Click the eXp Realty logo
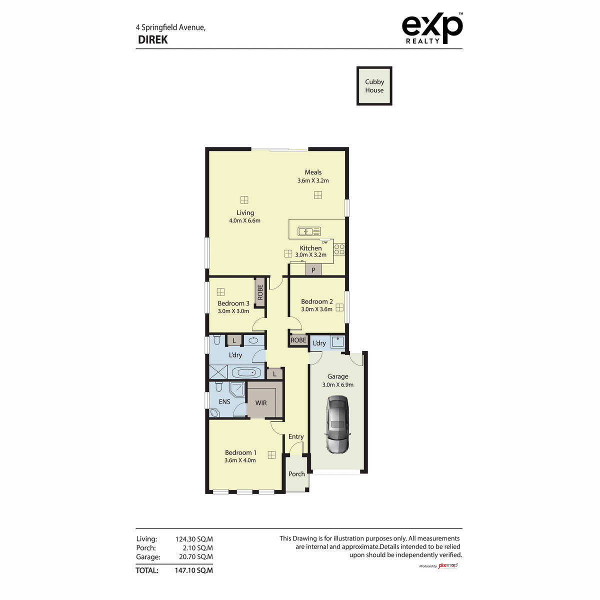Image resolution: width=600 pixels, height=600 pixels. pos(432,29)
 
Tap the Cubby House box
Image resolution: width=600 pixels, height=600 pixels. pos(374,86)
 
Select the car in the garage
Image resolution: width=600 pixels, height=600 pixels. pos(338,424)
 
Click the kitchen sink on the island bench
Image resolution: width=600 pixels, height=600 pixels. pos(309,231)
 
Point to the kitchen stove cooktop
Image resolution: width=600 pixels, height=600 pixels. pos(339,248)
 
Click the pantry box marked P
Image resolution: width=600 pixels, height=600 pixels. pos(313,270)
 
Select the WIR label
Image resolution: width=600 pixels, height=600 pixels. pos(261,402)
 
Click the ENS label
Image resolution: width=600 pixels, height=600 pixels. pos(224,401)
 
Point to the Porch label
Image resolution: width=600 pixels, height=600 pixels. pos(296,474)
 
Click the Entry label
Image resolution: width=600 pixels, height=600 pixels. pos(296,436)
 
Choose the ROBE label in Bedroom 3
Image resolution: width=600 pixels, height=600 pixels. pos(260,292)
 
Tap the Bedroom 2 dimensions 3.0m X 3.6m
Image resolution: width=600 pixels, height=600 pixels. pos(316,309)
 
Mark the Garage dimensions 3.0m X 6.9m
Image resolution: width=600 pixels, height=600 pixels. pos(337,385)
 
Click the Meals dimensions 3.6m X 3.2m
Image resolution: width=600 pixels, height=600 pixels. pos(313,180)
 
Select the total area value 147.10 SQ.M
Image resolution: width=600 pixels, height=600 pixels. pos(194,570)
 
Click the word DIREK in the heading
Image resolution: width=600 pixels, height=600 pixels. pos(153,40)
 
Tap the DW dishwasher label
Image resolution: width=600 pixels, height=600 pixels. pos(325,242)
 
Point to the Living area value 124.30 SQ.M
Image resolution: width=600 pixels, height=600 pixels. pos(194,539)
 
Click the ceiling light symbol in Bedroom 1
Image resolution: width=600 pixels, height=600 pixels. pos(271,454)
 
